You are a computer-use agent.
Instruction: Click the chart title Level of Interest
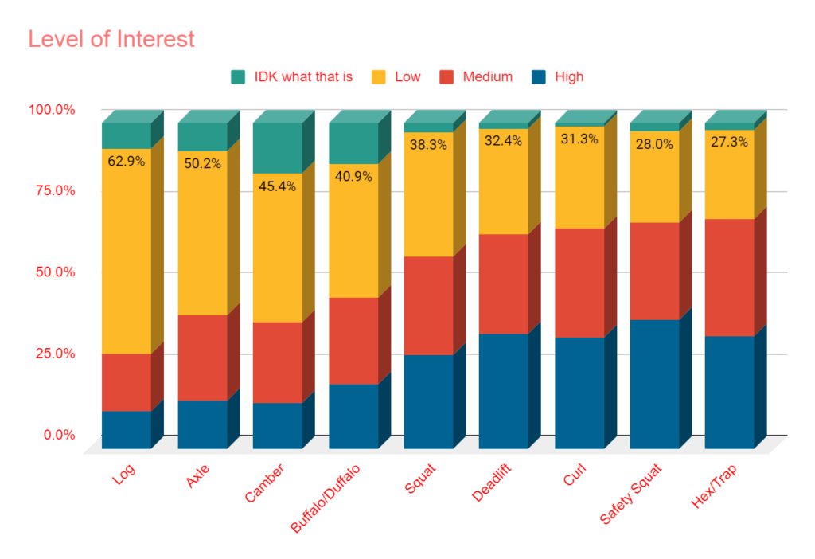click(x=111, y=38)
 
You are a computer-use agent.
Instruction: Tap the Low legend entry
click(x=407, y=77)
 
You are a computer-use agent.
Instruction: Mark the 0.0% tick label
click(x=58, y=436)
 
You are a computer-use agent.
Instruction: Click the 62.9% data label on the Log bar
click(x=126, y=162)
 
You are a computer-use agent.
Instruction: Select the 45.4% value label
click(x=277, y=186)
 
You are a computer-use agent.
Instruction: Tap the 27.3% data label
click(x=729, y=143)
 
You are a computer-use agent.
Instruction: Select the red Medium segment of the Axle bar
click(x=202, y=358)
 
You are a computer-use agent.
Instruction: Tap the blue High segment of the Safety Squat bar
click(x=654, y=382)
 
